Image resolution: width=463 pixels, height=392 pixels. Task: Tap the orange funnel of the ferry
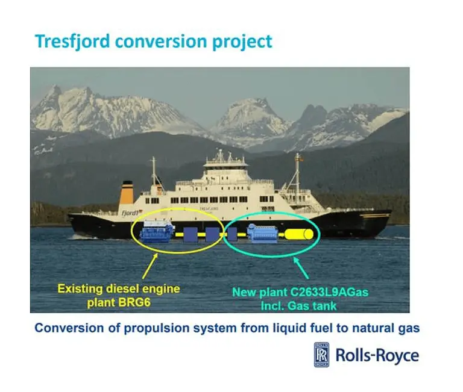[127, 193]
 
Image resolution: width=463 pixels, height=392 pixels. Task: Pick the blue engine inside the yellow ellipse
[157, 231]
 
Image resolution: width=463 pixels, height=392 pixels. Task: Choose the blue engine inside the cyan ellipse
[260, 233]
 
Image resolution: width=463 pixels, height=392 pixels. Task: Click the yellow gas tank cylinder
[299, 234]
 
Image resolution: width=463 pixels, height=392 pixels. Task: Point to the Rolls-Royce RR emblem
[321, 355]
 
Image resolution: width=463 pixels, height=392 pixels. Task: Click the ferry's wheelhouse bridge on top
[225, 162]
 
